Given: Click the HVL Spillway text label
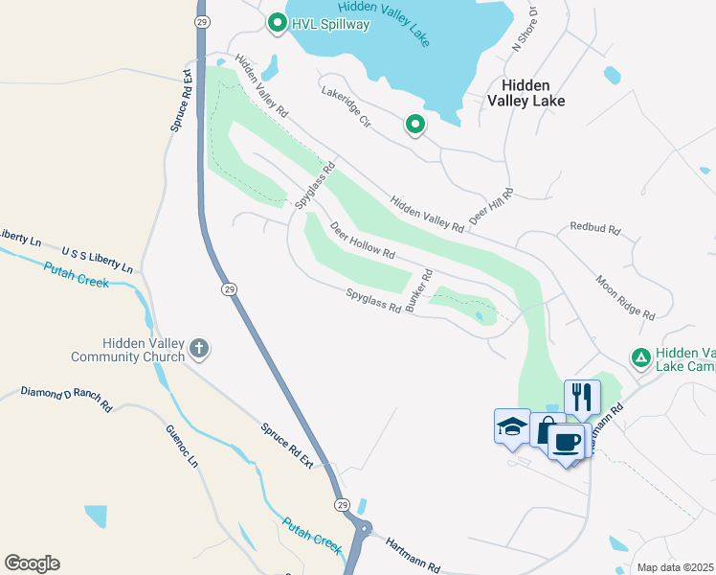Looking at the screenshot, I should [x=330, y=24].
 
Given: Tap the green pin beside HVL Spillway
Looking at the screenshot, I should [x=278, y=22].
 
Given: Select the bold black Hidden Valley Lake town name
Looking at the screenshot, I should [x=526, y=92].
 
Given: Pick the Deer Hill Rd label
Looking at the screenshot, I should [x=491, y=206].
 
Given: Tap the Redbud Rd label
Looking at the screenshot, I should [x=595, y=229].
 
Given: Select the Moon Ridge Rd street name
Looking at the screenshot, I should [x=625, y=298].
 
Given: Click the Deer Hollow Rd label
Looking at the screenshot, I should [x=363, y=241].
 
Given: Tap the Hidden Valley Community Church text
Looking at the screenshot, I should [x=128, y=351].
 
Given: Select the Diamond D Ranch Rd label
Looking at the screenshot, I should [x=66, y=400].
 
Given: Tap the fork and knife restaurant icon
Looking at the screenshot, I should [x=582, y=396].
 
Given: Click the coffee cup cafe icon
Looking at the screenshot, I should [x=569, y=442].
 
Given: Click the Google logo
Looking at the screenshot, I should [x=32, y=563].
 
